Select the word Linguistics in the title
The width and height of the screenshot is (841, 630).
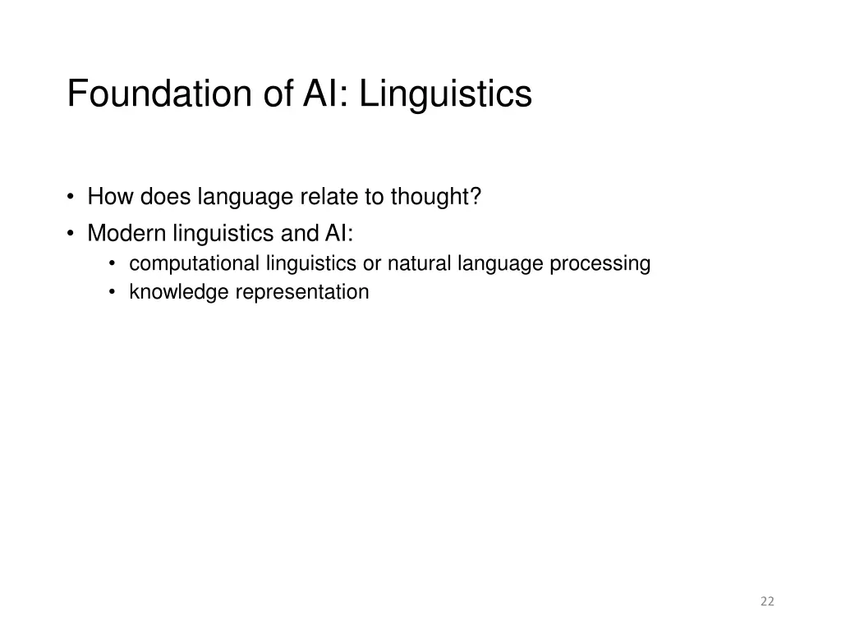point(446,94)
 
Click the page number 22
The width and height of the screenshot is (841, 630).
point(767,601)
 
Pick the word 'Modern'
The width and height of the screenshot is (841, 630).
point(126,234)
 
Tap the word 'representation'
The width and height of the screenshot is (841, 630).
point(302,292)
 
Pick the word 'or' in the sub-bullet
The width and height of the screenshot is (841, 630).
point(372,263)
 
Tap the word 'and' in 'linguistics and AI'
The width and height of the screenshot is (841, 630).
point(294,234)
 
